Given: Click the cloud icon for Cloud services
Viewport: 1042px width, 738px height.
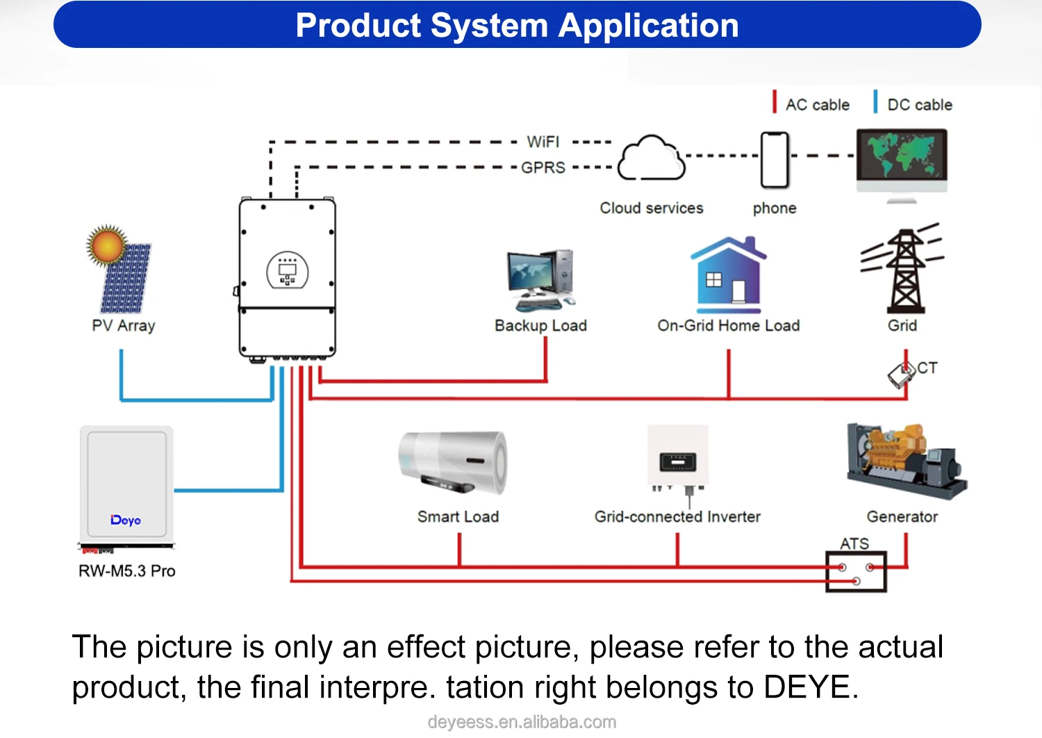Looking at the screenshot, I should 651,158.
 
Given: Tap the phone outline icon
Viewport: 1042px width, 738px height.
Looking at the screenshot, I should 775,160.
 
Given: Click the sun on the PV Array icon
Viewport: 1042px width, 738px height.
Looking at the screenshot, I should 106,245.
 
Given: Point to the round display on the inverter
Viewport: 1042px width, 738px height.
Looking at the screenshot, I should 287,270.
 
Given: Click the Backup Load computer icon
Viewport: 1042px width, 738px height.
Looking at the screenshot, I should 540,279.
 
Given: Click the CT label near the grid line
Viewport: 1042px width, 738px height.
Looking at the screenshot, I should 927,368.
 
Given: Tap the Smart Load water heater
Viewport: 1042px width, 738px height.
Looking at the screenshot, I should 453,462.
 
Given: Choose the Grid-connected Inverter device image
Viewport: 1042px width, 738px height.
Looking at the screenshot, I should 678,459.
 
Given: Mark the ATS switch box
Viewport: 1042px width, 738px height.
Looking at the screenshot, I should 856,571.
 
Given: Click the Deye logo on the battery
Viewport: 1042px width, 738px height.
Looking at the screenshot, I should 126,520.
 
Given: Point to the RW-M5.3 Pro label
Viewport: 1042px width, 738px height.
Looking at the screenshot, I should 126,571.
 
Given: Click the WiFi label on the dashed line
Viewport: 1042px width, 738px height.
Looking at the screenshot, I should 543,142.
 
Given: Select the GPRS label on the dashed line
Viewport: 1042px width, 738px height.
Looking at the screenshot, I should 543,167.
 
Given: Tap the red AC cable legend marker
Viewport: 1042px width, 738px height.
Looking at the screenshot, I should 775,101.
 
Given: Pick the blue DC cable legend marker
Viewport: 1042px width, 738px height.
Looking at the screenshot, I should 875,101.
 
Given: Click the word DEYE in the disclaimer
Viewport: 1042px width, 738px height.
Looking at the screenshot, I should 807,687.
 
